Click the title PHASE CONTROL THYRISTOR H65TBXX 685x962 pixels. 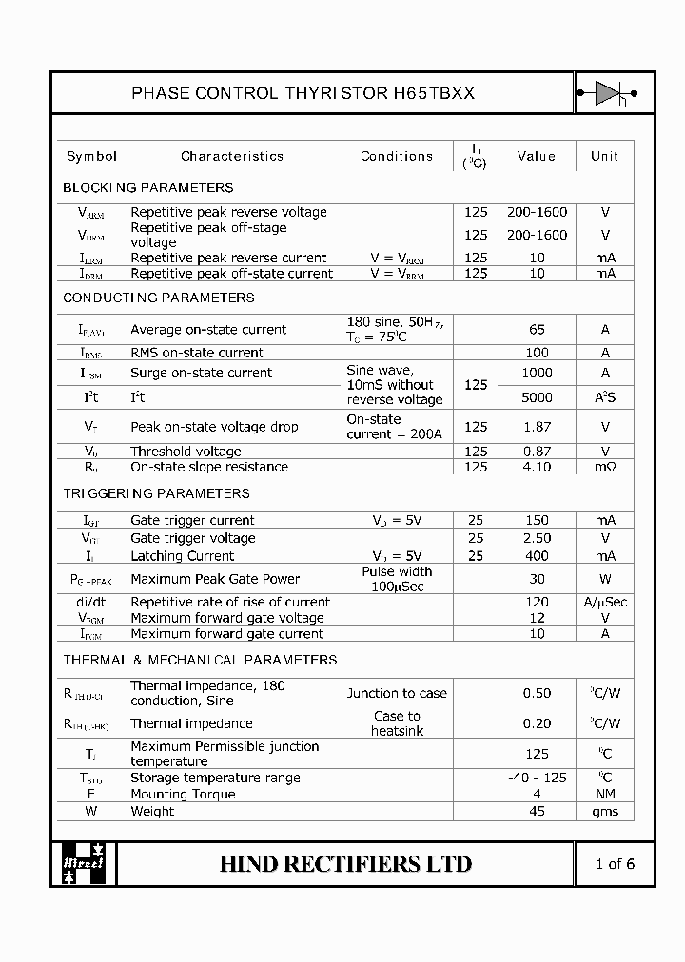[303, 93]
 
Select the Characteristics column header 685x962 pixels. [232, 156]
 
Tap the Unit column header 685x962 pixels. [604, 156]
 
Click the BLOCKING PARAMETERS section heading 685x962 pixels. [147, 187]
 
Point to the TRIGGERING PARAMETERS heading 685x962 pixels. [156, 493]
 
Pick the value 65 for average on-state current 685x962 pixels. [537, 330]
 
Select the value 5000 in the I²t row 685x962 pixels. [537, 397]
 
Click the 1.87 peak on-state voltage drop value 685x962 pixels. [537, 427]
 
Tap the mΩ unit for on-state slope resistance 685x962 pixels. [605, 467]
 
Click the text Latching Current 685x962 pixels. [182, 556]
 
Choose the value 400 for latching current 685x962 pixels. [537, 556]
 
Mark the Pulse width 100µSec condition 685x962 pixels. [397, 579]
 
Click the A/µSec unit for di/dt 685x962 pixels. [605, 602]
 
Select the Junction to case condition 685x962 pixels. [397, 693]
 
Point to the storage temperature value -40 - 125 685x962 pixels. [537, 778]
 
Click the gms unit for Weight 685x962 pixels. [605, 811]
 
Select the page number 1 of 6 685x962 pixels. [614, 864]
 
